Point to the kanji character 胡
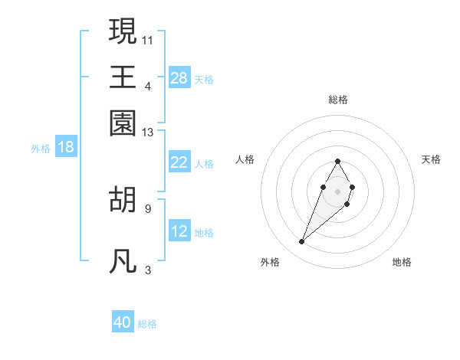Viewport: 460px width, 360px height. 123,198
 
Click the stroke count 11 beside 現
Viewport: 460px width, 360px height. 148,39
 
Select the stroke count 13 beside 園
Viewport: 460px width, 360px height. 148,133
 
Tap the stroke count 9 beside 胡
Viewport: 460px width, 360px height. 148,208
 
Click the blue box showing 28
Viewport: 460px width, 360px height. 179,78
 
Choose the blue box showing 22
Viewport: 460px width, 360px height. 179,162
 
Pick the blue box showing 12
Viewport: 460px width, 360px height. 179,231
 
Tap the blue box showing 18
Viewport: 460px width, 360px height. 66,147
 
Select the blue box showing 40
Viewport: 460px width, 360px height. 123,322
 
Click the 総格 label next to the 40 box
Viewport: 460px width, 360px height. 147,324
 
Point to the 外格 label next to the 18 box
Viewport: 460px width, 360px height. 41,149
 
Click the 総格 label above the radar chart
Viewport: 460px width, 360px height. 337,100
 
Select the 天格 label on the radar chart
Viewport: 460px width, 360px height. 431,159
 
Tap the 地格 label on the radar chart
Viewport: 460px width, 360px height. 402,262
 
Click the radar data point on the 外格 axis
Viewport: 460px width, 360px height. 301,242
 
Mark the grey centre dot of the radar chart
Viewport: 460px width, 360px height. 337,190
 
